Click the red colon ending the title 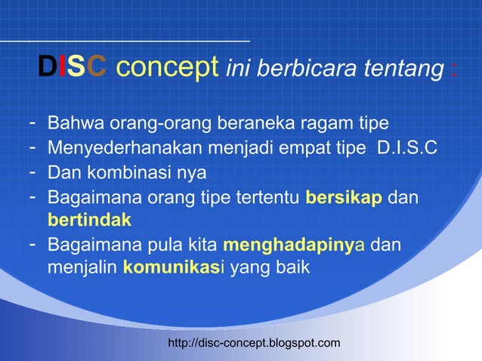[x=452, y=70]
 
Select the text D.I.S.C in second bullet [x=406, y=147]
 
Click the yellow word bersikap [x=345, y=197]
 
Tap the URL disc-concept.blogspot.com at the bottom [x=254, y=344]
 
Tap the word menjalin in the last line [x=82, y=269]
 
